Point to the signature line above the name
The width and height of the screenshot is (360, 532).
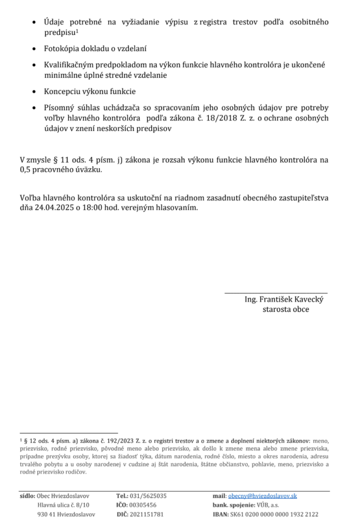click(x=276, y=293)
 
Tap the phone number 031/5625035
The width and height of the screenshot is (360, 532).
click(x=149, y=496)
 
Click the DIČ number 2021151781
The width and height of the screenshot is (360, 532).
click(x=148, y=514)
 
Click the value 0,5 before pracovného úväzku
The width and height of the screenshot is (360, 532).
click(x=25, y=169)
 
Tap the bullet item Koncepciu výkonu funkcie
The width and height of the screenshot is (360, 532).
click(x=90, y=92)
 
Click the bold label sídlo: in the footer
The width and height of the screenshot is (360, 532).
click(x=27, y=496)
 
